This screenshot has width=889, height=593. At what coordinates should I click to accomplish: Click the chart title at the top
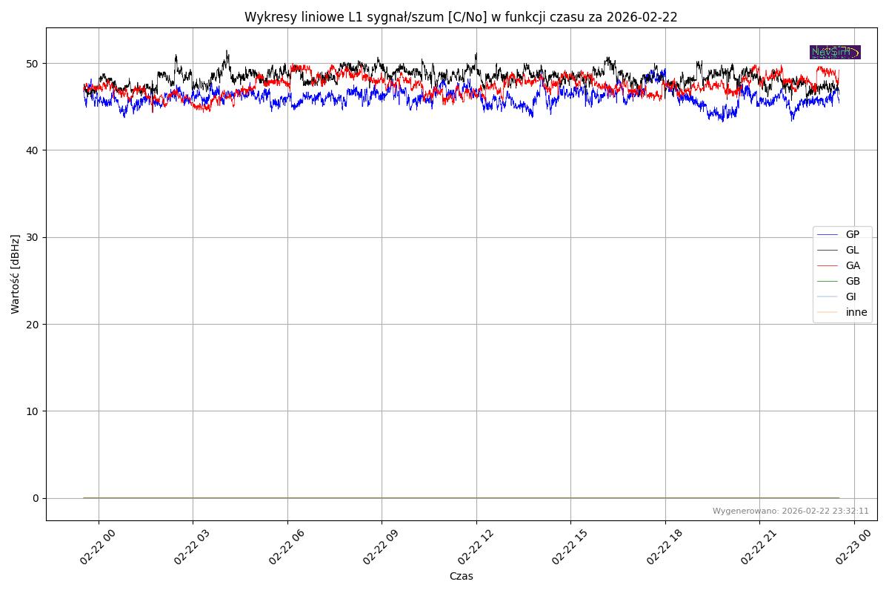461,17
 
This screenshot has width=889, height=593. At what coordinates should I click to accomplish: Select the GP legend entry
852,234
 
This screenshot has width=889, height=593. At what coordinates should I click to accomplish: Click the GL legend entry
852,250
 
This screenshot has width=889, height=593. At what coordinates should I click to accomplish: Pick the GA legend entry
853,265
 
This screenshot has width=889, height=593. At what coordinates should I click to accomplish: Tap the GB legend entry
853,281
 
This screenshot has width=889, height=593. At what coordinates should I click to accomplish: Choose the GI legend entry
850,296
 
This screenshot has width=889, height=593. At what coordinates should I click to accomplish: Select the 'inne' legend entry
856,312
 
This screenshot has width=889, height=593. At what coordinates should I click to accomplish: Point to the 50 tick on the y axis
33,64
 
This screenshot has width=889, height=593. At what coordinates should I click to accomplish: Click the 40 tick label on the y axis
33,150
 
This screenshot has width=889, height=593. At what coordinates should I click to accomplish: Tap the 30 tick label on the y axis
33,237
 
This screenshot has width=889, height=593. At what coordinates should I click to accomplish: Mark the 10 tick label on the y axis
33,411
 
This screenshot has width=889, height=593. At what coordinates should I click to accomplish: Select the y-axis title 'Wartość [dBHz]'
16,274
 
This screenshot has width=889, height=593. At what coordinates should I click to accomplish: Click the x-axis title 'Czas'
461,576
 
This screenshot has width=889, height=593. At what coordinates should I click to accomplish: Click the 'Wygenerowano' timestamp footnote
790,511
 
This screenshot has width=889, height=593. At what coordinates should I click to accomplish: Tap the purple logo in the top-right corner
835,52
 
